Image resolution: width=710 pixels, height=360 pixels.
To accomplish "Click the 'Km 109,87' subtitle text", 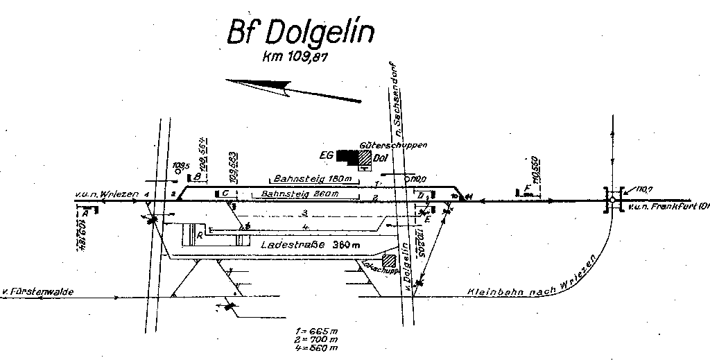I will pyautogui.click(x=294, y=59).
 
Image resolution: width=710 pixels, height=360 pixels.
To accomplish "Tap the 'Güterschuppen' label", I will pyautogui.click(x=393, y=146).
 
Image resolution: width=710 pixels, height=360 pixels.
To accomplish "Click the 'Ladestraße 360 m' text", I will pyautogui.click(x=310, y=245).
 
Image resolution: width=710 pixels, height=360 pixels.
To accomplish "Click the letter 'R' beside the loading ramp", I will pyautogui.click(x=200, y=236).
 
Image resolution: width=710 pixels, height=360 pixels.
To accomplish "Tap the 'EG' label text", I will pyautogui.click(x=326, y=155).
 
